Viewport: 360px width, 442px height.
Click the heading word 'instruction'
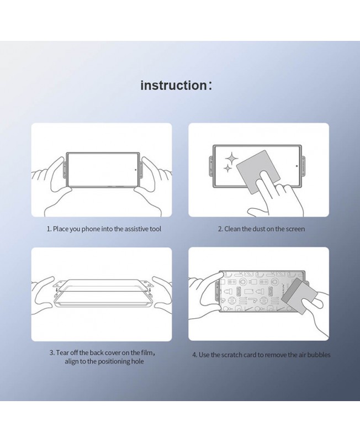(173, 85)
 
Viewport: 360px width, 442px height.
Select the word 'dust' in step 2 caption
(258, 229)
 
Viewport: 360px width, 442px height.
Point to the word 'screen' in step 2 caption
(295, 229)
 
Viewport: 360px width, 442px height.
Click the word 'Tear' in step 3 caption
(62, 352)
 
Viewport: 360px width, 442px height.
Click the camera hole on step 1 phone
(136, 170)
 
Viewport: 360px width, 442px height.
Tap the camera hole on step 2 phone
(297, 166)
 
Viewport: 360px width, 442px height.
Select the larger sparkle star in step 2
(231, 159)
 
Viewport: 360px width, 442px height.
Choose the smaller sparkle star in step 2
(227, 169)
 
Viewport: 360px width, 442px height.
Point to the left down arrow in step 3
(56, 290)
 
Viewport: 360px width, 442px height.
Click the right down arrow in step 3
(150, 290)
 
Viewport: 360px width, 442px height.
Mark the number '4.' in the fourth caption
(195, 355)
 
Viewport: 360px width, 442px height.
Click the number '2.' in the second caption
(220, 229)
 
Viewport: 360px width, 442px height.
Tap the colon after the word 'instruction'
(210, 86)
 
